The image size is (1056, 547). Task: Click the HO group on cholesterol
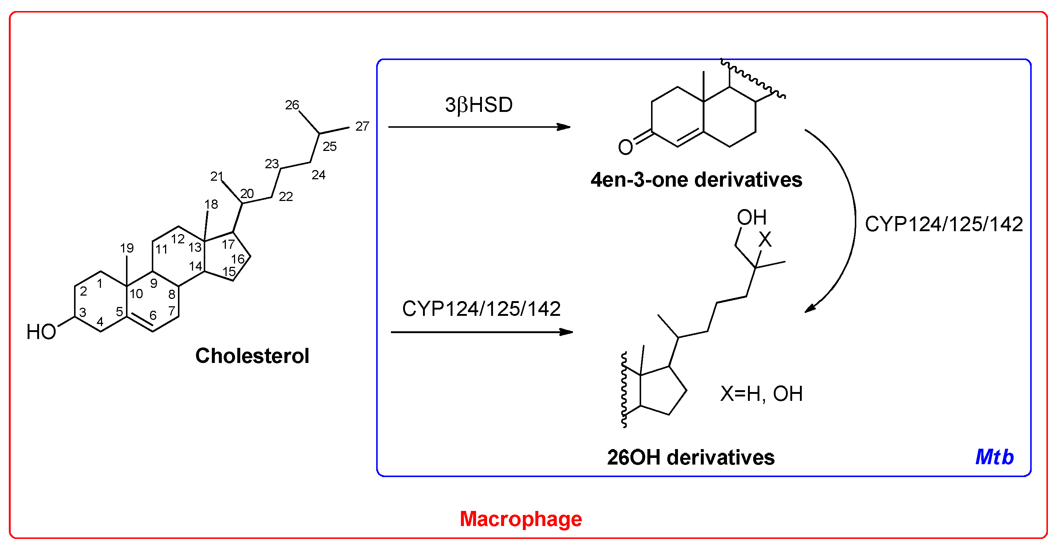click(x=41, y=332)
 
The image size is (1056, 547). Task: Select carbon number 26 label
click(x=292, y=105)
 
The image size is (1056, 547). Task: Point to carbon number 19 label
click(x=127, y=248)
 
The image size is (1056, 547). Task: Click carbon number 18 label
click(x=211, y=204)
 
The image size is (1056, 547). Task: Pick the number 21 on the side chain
click(x=216, y=176)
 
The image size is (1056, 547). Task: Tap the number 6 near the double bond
click(x=153, y=315)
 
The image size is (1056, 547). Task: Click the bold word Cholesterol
click(x=252, y=356)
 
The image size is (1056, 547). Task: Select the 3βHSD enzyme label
click(x=479, y=105)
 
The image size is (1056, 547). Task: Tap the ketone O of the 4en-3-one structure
click(x=625, y=147)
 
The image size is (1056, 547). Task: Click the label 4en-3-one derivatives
click(x=696, y=180)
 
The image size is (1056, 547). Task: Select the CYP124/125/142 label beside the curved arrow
click(x=944, y=225)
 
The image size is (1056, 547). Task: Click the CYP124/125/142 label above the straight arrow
click(x=481, y=309)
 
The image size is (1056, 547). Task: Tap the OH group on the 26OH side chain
click(x=751, y=218)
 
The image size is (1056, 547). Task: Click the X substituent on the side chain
click(x=765, y=240)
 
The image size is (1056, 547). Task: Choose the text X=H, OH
click(x=761, y=394)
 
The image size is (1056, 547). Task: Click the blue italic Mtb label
click(x=994, y=457)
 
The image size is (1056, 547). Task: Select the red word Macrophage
click(x=521, y=519)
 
